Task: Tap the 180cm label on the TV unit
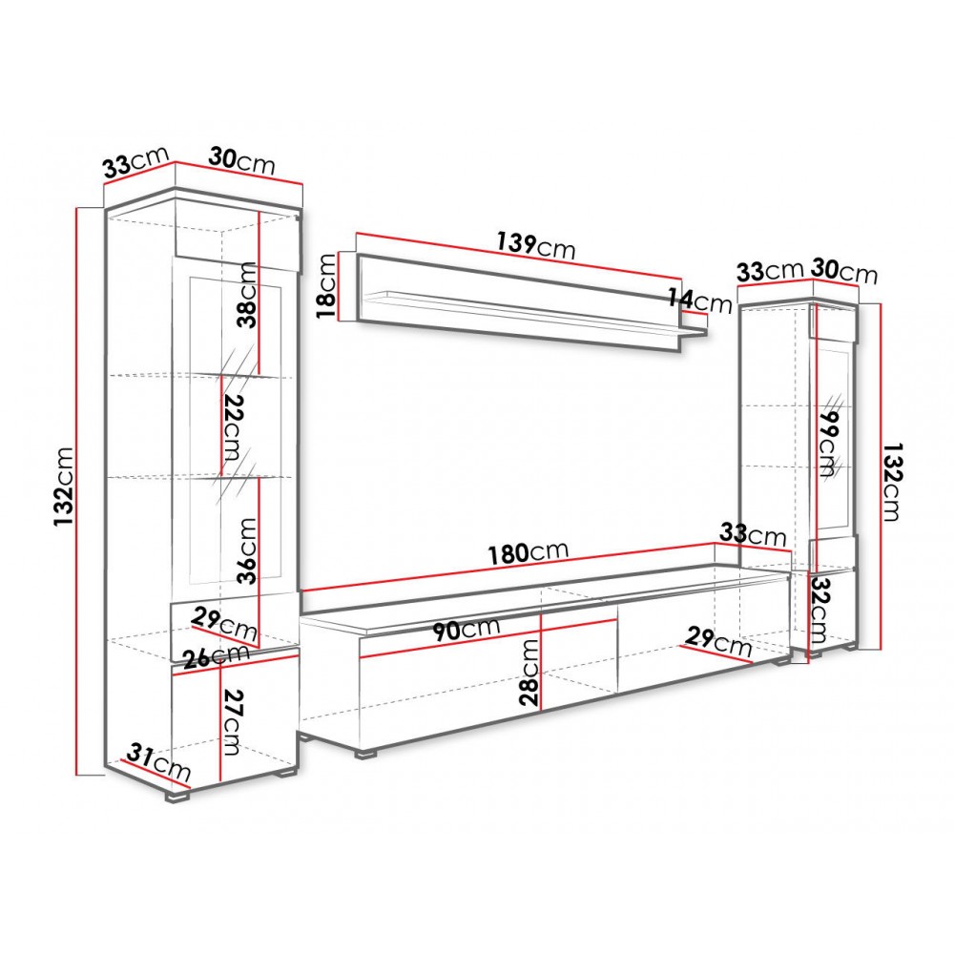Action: pos(529,552)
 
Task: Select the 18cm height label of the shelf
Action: pos(326,286)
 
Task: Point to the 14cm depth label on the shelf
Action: pos(699,300)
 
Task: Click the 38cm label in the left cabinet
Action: pos(247,295)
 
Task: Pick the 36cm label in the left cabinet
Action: pos(247,551)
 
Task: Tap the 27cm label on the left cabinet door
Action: pos(231,722)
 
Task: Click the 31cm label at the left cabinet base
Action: pos(158,763)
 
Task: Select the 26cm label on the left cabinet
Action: pos(216,657)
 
